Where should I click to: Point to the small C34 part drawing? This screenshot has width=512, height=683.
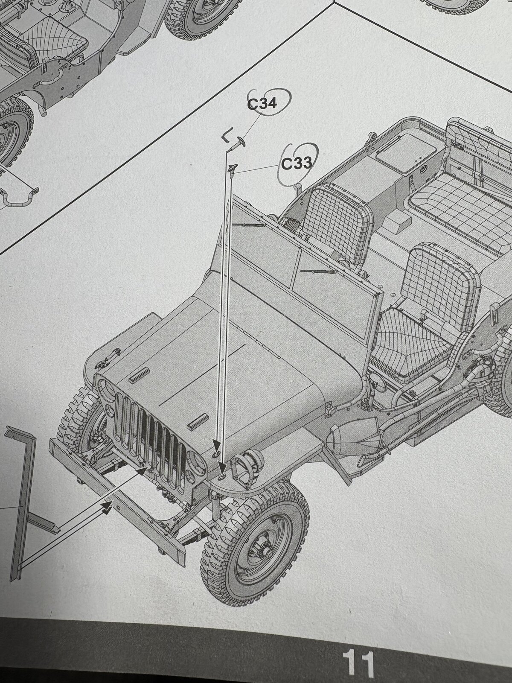pyautogui.click(x=238, y=144)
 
